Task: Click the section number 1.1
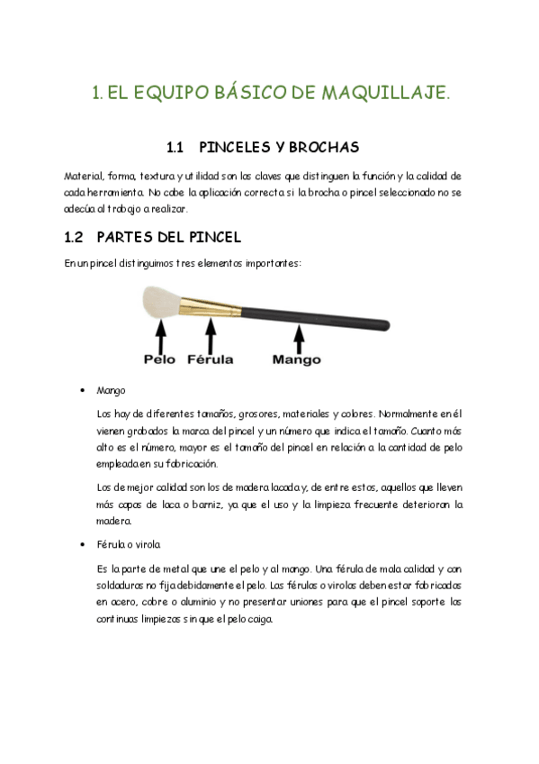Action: [x=176, y=146]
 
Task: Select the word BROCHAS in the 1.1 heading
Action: [x=324, y=146]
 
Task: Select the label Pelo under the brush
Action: [x=160, y=359]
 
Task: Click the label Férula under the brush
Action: [x=210, y=359]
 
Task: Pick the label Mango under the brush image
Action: [x=296, y=359]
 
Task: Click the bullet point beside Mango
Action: [x=82, y=391]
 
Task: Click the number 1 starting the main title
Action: [x=97, y=93]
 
